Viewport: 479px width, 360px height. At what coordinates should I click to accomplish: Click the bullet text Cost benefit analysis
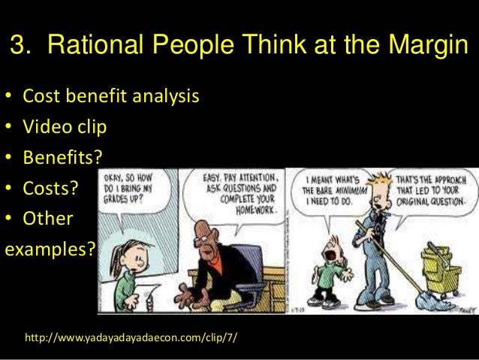[x=110, y=98]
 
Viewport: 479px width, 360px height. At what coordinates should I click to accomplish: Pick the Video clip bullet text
[x=65, y=126]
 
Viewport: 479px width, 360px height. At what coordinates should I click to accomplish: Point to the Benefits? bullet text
[x=63, y=156]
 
